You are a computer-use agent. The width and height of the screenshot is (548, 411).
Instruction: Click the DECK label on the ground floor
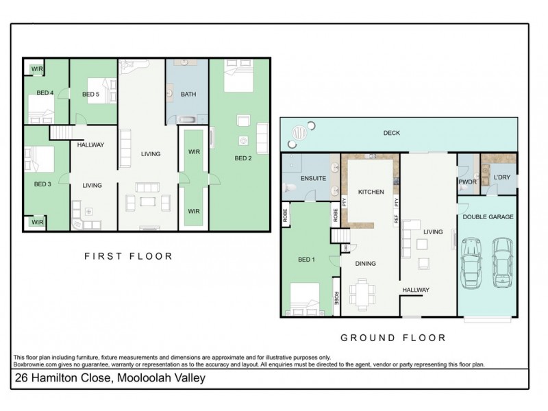(x=391, y=133)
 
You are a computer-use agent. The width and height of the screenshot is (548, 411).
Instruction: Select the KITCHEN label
(x=370, y=192)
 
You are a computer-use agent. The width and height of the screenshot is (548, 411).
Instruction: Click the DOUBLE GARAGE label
(x=488, y=217)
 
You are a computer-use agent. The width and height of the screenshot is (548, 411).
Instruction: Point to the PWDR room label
(x=467, y=182)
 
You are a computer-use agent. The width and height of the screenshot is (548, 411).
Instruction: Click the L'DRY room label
(x=501, y=179)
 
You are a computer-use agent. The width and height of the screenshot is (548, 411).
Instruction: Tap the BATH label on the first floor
(x=188, y=94)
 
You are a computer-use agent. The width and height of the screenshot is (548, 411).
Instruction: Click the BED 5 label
(x=90, y=94)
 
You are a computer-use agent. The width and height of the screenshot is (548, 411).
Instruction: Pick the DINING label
(x=365, y=262)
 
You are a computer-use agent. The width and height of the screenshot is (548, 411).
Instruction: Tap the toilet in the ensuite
(x=290, y=187)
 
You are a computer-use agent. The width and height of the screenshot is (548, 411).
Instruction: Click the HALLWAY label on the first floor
(x=90, y=145)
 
